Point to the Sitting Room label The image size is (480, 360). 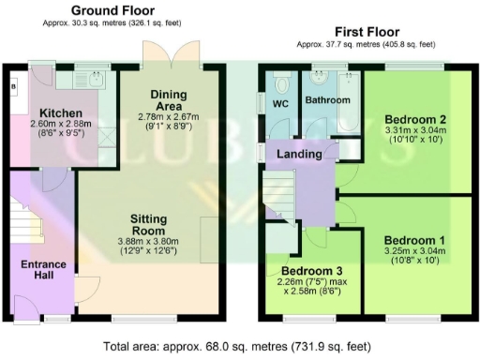[x=148, y=224]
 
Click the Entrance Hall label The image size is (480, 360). [x=43, y=271]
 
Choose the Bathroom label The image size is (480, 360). [x=331, y=100]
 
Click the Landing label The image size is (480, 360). [x=300, y=153]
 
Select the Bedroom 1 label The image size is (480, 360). [x=413, y=240]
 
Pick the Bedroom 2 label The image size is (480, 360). [x=413, y=119]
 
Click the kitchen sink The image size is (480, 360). [x=94, y=80]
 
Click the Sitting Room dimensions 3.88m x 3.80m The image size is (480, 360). [x=148, y=242]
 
